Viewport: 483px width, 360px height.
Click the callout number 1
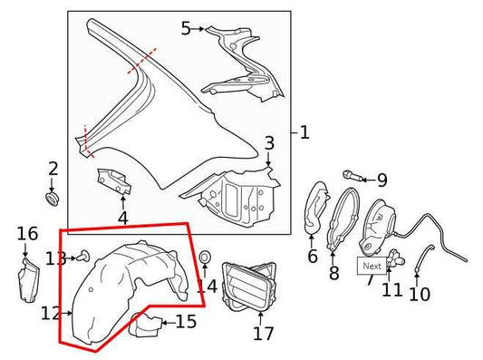(x=304, y=133)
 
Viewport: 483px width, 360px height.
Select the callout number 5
(x=187, y=28)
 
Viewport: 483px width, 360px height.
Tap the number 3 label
(x=269, y=143)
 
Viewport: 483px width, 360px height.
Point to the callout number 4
(x=122, y=217)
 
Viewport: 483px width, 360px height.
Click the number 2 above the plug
(x=53, y=168)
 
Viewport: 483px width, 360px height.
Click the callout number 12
(x=51, y=313)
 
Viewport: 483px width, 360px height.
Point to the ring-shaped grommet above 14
(x=205, y=258)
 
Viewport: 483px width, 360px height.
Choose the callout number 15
(x=186, y=321)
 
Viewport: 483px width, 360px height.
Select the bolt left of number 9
(x=351, y=174)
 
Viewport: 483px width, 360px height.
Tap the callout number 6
(x=313, y=257)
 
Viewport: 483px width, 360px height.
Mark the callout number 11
(x=391, y=290)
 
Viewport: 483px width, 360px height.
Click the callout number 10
(x=419, y=294)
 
